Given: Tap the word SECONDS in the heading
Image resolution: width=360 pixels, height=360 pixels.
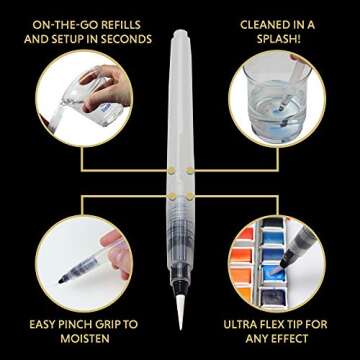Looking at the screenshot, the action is [126, 39].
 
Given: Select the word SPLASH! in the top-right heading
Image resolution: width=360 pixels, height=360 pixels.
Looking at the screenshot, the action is [277, 39].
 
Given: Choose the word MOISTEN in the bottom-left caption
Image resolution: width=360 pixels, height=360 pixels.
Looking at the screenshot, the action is [85, 339].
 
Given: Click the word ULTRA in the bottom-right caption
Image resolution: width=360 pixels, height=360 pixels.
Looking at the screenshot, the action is [240, 324].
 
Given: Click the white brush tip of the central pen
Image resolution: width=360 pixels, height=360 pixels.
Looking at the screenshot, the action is [180, 310].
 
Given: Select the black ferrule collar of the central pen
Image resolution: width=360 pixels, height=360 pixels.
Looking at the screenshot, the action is [180, 285].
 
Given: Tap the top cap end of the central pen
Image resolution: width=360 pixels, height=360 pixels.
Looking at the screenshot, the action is [180, 33].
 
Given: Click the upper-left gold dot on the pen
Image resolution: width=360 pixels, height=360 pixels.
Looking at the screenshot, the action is [171, 171].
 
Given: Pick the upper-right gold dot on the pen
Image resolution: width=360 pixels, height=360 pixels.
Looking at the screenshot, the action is [190, 171].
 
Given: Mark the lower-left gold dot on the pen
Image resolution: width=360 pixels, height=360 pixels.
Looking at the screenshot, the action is [171, 196].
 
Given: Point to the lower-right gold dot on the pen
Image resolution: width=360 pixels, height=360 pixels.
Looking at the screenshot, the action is [190, 196].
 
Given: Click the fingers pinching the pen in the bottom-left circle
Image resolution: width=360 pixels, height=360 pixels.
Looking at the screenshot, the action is [115, 253].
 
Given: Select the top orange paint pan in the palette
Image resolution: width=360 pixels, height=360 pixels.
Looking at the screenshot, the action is [245, 233].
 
